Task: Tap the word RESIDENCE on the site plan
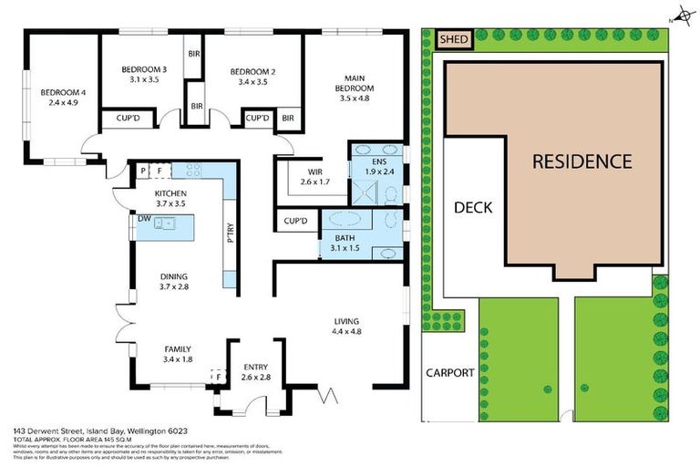pyautogui.click(x=582, y=161)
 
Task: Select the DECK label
pyautogui.click(x=472, y=207)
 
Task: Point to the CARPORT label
pyautogui.click(x=450, y=372)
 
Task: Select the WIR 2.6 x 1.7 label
pyautogui.click(x=314, y=176)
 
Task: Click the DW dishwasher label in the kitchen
pyautogui.click(x=144, y=219)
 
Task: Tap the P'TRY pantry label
pyautogui.click(x=230, y=235)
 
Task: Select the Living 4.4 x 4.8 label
pyautogui.click(x=346, y=327)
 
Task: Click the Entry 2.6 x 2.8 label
pyautogui.click(x=254, y=371)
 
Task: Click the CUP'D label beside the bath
pyautogui.click(x=296, y=221)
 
